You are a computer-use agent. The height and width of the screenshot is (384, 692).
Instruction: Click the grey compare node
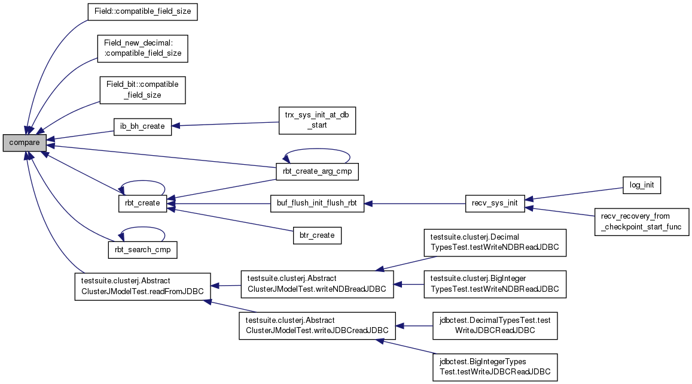[x=25, y=143]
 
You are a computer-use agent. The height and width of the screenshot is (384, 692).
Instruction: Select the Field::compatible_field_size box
[x=142, y=11]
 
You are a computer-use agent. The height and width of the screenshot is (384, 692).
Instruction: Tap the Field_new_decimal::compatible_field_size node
[x=142, y=49]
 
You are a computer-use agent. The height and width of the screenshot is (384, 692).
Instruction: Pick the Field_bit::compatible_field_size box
[x=142, y=90]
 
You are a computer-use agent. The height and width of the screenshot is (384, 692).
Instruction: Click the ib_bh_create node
[x=142, y=126]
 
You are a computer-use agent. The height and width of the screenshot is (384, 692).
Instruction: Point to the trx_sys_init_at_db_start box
[x=317, y=120]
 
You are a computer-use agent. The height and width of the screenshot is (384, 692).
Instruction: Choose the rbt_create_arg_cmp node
[x=317, y=171]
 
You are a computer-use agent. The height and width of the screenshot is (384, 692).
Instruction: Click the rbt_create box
[x=142, y=203]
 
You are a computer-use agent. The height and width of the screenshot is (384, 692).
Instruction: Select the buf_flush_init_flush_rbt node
[x=317, y=203]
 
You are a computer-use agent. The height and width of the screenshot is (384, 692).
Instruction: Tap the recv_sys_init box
[x=495, y=203]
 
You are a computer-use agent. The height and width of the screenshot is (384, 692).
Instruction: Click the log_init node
[x=642, y=185]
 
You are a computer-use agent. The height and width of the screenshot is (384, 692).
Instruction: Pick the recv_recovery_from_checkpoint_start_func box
[x=642, y=222]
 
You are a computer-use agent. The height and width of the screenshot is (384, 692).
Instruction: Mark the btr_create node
[x=317, y=235]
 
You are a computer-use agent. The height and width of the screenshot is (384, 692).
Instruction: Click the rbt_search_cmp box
[x=142, y=250]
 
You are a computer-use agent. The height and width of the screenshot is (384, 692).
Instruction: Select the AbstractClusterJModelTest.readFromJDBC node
[x=142, y=286]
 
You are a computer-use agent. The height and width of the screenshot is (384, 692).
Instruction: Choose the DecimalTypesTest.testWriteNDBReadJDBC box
[x=495, y=242]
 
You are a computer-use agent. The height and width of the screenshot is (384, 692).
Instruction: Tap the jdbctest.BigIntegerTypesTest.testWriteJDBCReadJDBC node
[x=495, y=367]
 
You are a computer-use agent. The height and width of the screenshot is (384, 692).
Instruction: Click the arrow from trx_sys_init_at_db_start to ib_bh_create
[x=225, y=124]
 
